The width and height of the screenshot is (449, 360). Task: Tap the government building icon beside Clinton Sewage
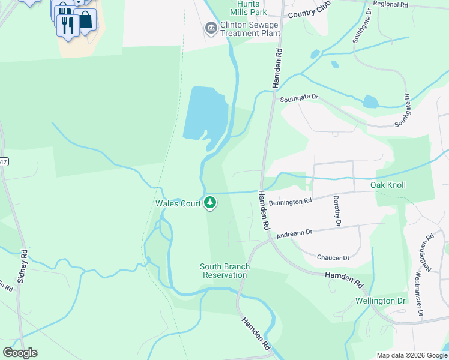pos(211,28)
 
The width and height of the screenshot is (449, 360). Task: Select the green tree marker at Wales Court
pos(210,203)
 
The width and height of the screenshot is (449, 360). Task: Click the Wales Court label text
pos(178,204)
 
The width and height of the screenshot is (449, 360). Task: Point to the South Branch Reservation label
pos(225,271)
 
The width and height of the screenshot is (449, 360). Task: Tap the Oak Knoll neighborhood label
pos(387,185)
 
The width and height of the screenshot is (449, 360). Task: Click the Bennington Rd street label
pos(290,202)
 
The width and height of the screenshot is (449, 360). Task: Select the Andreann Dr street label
pos(295,232)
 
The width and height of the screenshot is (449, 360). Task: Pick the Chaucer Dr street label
pos(333,257)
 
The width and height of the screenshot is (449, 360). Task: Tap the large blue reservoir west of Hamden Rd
pos(204,112)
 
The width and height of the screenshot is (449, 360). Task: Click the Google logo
pos(20,353)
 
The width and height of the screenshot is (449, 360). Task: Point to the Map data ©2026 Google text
pos(411,355)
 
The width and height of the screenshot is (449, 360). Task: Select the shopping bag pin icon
pos(86,20)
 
